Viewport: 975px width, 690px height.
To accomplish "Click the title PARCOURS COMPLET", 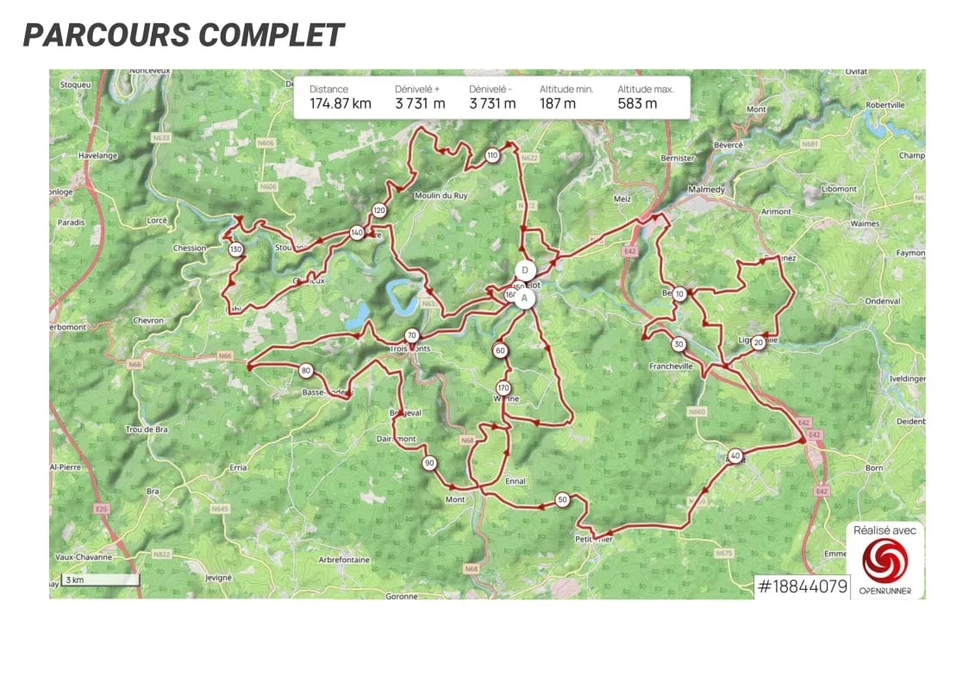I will click(x=184, y=35).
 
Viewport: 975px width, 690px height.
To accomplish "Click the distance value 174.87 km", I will click(x=341, y=103).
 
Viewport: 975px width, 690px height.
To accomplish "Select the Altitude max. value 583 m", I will click(x=637, y=103).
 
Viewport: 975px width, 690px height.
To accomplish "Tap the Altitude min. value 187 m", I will click(x=558, y=103).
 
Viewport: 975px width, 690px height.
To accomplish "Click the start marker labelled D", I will click(x=524, y=271).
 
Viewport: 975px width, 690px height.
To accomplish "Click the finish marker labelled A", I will click(x=524, y=298).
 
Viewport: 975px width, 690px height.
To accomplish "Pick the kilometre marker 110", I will click(x=492, y=155).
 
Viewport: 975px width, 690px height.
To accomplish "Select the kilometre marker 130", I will click(x=236, y=250).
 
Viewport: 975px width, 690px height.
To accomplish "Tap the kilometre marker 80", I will click(x=306, y=371).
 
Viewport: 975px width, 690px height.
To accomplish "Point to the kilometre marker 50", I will click(x=562, y=499).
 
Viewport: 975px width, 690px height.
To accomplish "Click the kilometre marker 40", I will click(x=734, y=455).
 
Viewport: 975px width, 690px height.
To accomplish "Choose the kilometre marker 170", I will click(x=504, y=388).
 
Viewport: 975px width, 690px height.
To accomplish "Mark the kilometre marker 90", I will click(x=429, y=463).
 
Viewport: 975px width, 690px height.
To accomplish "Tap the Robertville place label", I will click(x=885, y=104).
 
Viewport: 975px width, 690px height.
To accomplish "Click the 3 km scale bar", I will click(x=100, y=580).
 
